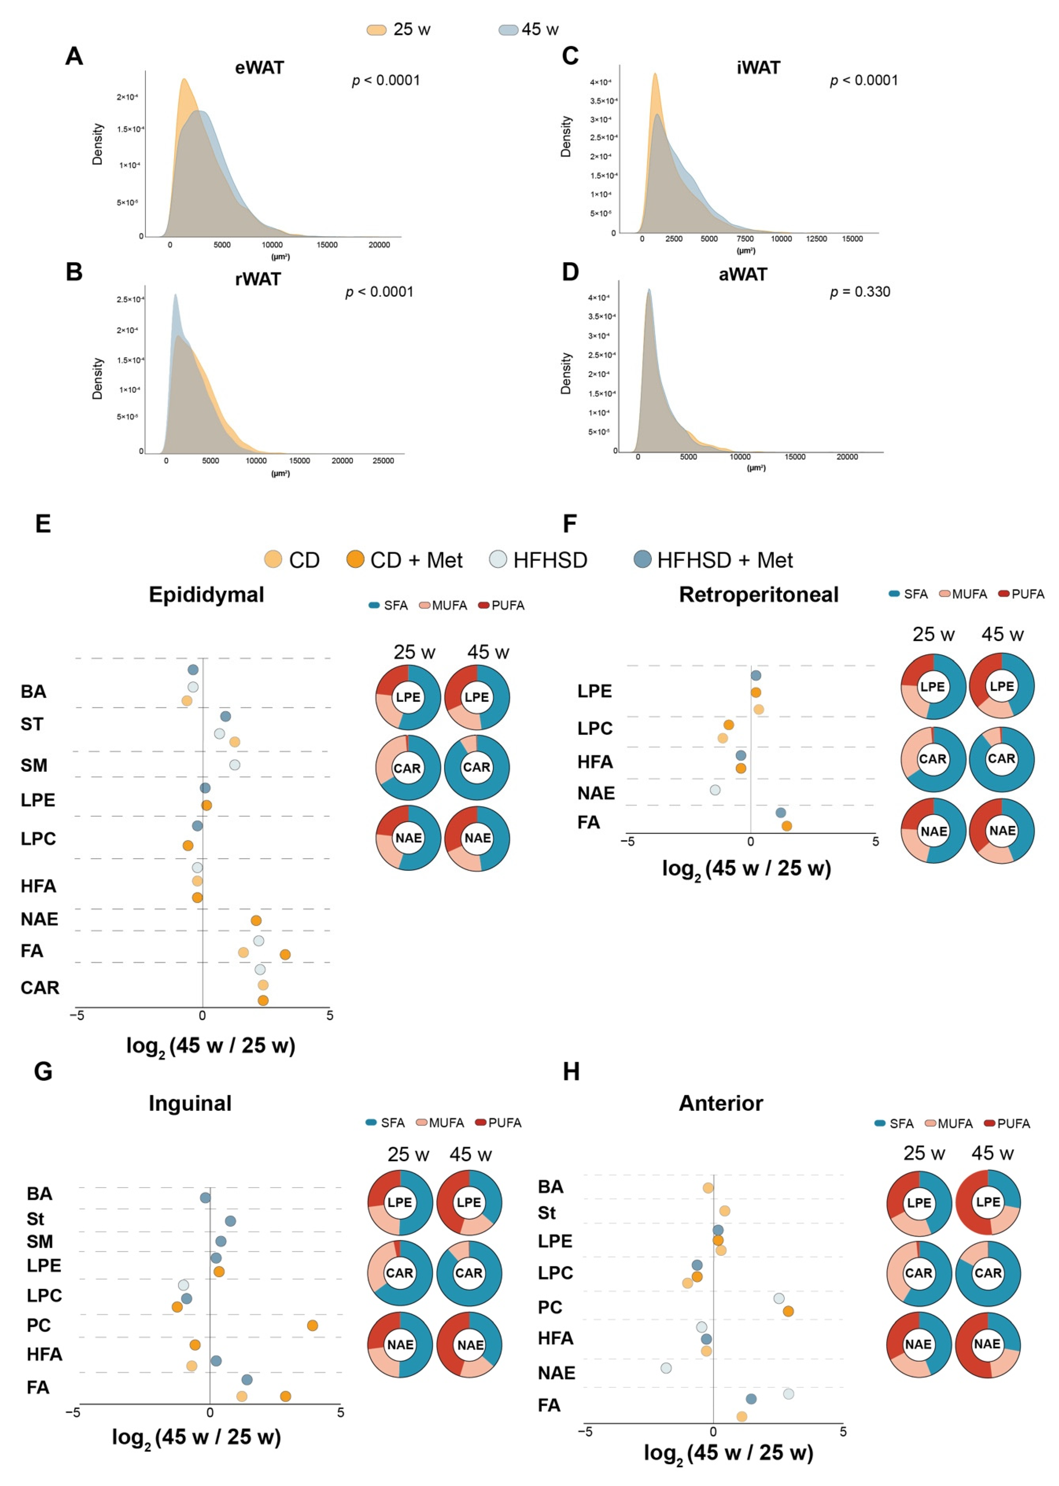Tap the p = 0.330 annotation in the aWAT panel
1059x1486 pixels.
tap(859, 292)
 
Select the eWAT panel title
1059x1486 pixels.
tap(259, 68)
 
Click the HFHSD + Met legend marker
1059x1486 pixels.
tap(642, 559)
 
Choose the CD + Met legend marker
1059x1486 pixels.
tap(355, 559)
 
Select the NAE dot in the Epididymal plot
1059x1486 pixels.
tap(256, 920)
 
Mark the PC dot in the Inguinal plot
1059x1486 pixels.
tap(312, 1326)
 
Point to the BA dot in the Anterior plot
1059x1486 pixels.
tap(708, 1188)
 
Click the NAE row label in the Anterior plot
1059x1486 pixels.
tap(556, 1373)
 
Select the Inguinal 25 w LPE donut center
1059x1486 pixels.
tap(400, 1202)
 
